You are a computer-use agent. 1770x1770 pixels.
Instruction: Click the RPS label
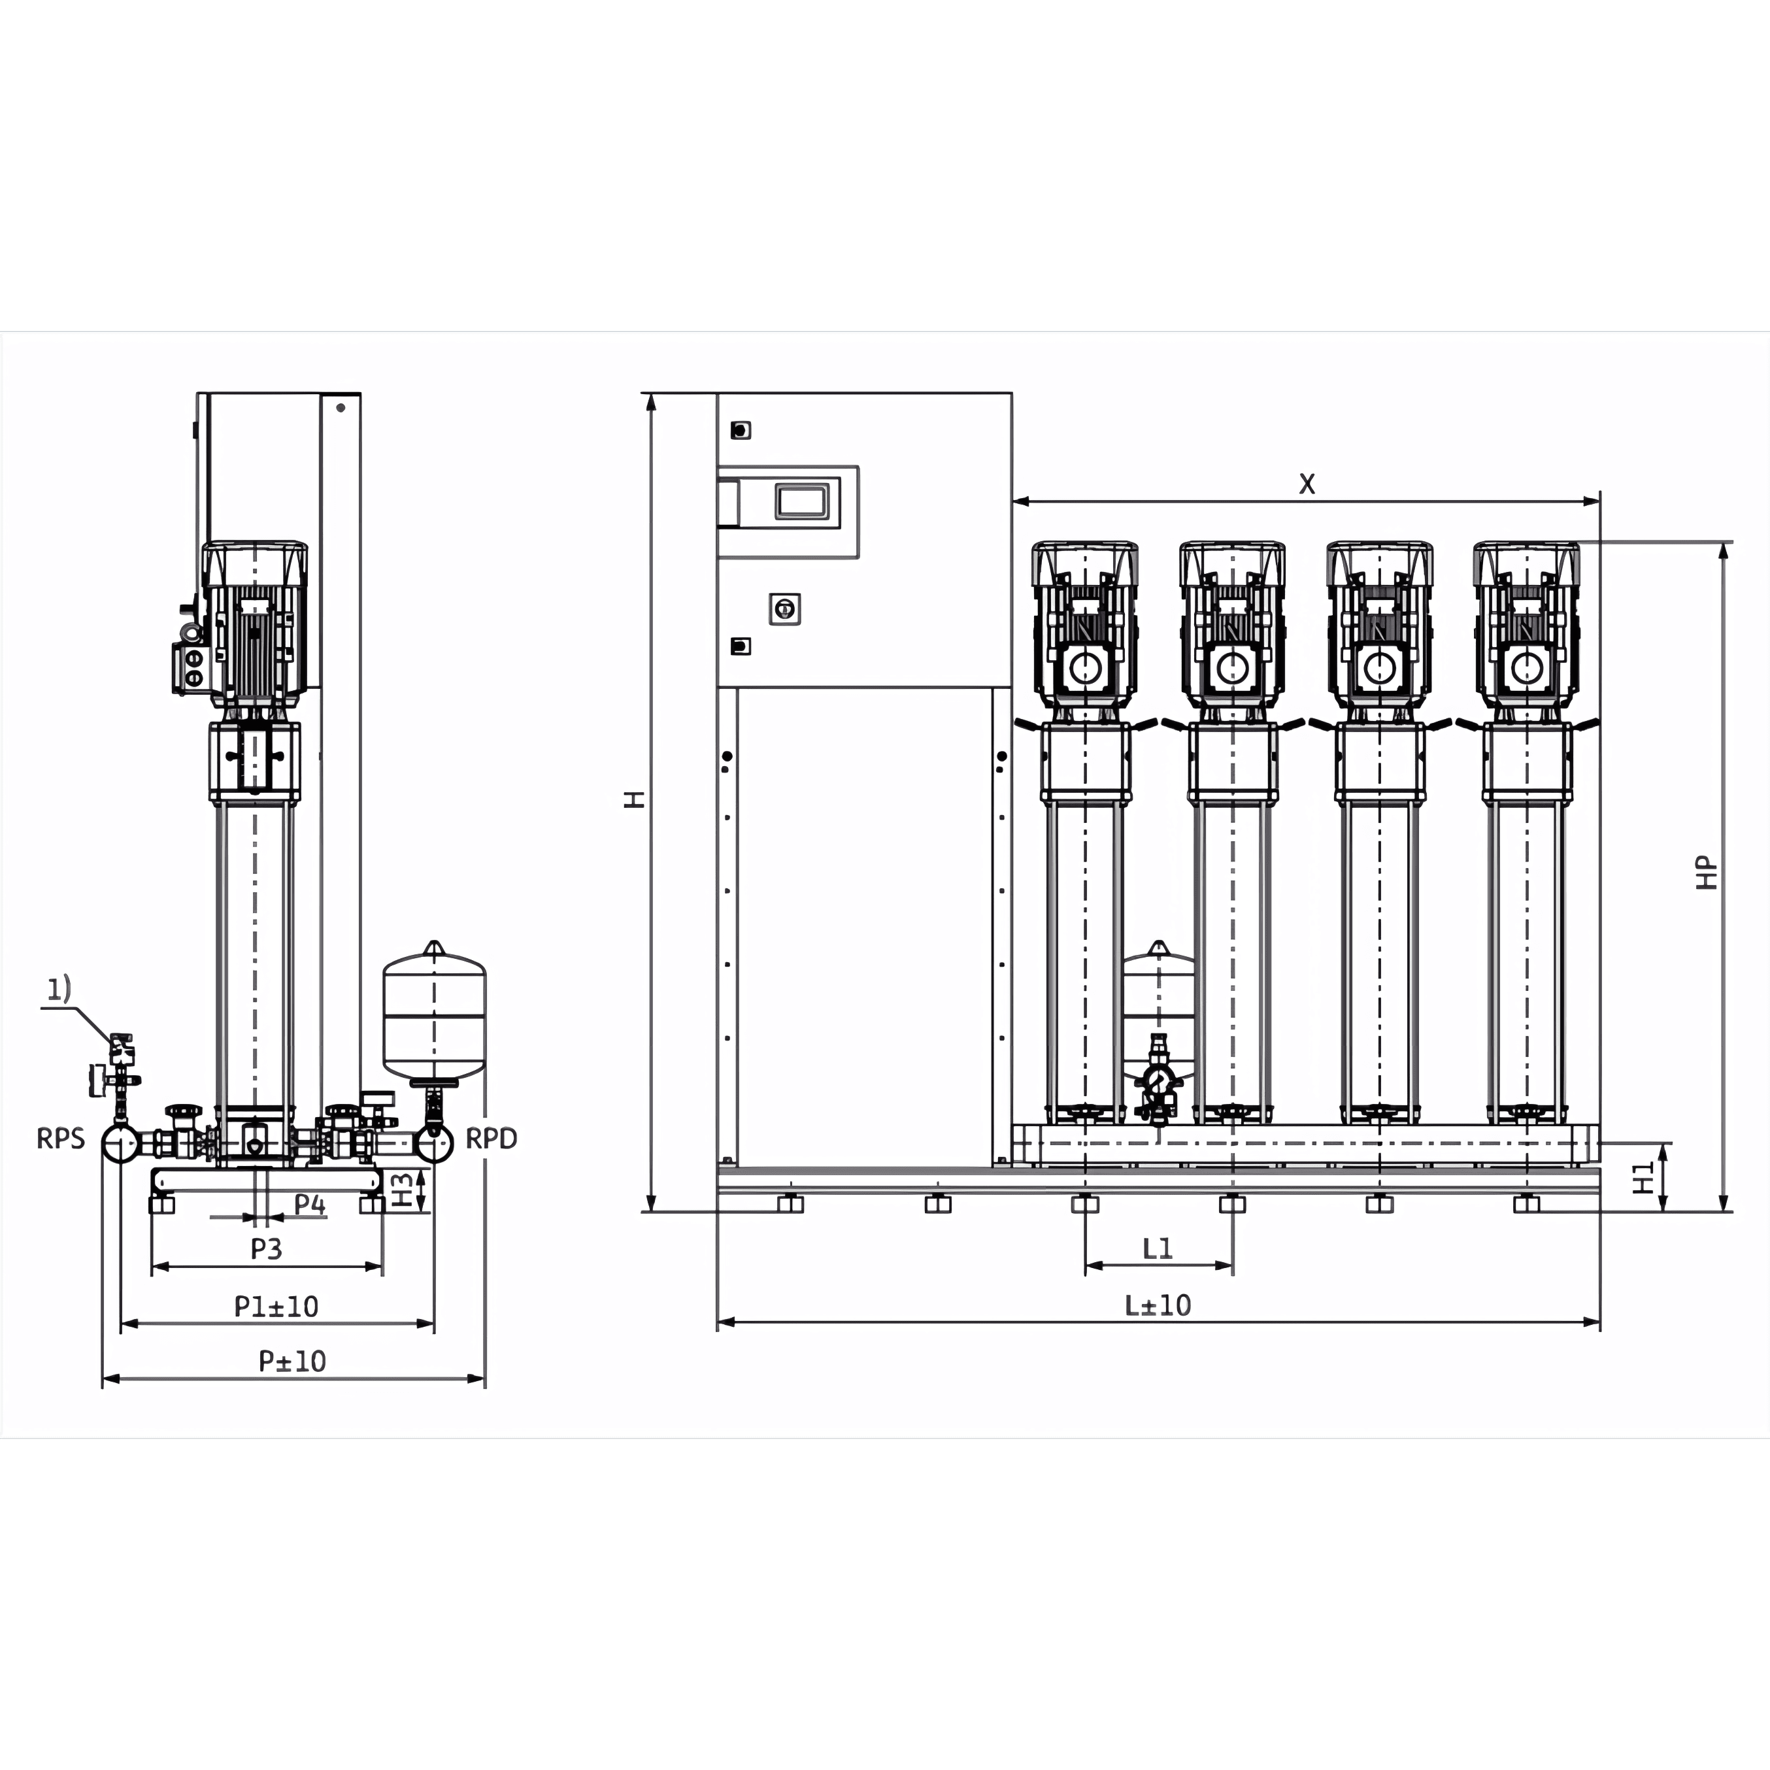coord(61,1139)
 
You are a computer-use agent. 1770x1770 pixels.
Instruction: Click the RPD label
coord(491,1139)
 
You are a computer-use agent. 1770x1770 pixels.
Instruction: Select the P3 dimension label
coord(267,1248)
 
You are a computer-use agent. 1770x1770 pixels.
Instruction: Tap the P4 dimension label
coord(310,1205)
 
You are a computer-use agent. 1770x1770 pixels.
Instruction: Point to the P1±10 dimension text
coord(276,1307)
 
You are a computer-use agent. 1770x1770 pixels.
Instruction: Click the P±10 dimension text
coord(292,1361)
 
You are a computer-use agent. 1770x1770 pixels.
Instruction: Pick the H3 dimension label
coord(402,1190)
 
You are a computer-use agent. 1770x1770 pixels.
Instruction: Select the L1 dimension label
coord(1158,1248)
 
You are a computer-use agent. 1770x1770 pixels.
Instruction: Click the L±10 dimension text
coord(1158,1305)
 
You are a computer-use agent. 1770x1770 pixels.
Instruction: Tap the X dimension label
coord(1307,484)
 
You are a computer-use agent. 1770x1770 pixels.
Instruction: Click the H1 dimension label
coord(1645,1177)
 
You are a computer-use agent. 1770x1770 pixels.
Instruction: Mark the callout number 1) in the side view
coord(59,988)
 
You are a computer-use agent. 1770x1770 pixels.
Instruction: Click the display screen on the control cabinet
coord(801,501)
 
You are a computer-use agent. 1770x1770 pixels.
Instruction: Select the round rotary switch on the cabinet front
coord(784,609)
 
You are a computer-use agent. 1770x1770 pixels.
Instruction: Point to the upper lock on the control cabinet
coord(741,429)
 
